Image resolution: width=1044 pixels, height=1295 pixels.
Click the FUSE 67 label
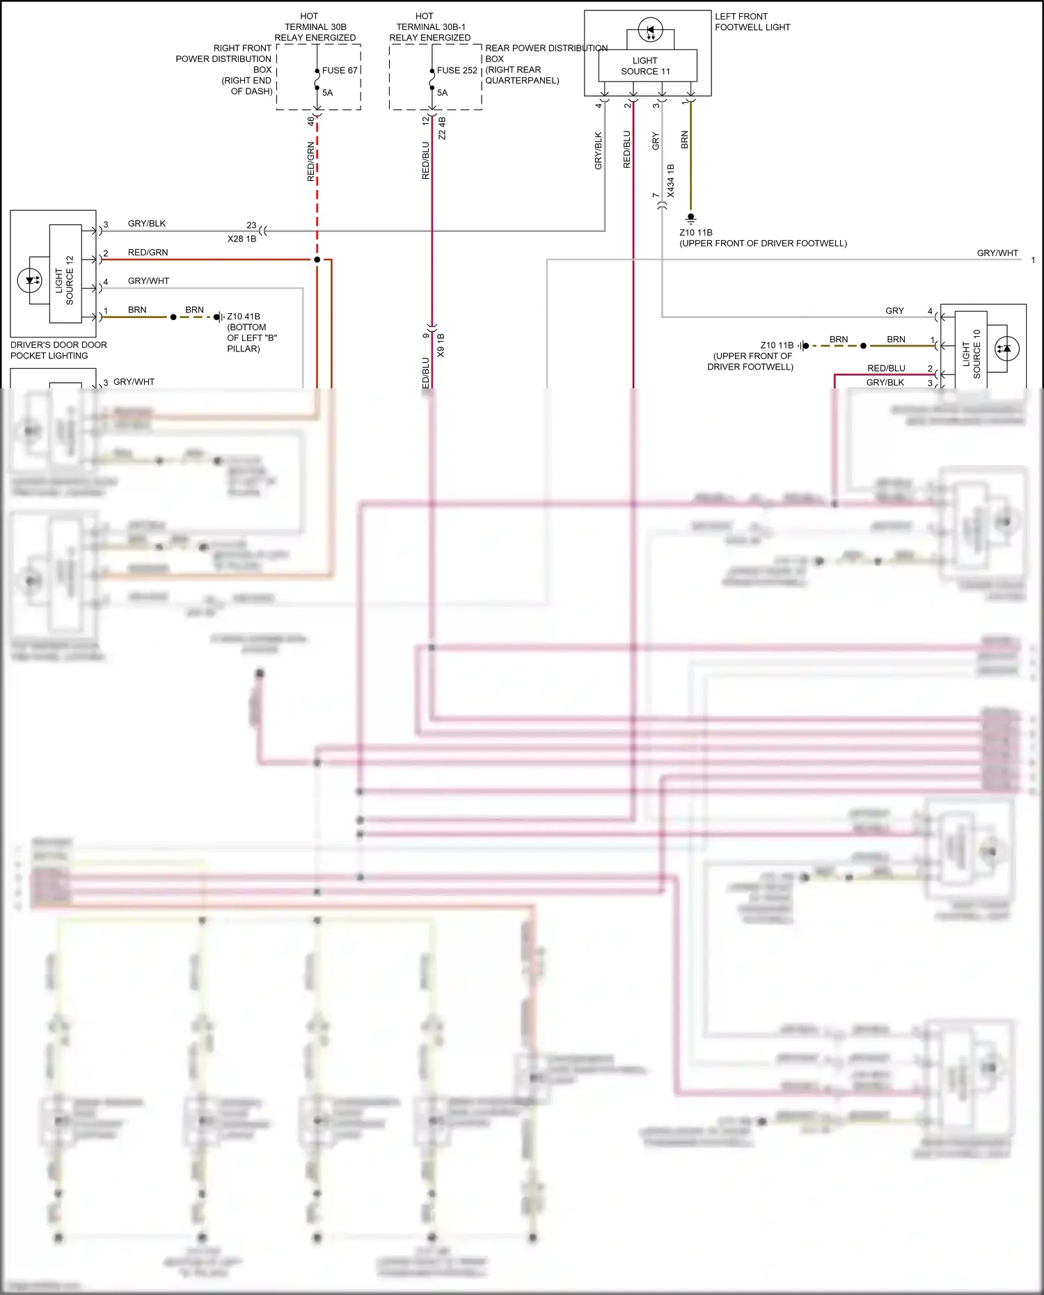340,70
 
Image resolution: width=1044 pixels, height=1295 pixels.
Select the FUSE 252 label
457,70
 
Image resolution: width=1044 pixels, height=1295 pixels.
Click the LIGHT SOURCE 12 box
65,274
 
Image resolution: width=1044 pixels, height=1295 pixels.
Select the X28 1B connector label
242,239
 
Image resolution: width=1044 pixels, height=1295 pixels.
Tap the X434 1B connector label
671,181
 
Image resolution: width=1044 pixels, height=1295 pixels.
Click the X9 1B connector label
441,345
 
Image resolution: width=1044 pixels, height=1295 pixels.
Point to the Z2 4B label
442,128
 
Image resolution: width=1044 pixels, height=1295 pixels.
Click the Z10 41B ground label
244,317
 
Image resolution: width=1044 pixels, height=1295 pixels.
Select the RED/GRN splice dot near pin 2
317,260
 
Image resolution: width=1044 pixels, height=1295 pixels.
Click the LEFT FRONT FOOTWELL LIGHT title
752,22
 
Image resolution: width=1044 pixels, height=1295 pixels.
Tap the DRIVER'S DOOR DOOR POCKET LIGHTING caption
58,350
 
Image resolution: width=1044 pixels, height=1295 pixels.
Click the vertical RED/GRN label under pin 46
311,161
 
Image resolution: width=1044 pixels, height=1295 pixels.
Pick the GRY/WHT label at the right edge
997,253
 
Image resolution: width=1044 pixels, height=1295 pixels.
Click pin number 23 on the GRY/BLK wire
251,225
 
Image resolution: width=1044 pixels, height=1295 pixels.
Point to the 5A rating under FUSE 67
327,93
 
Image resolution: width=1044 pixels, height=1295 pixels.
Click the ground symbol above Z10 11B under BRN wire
690,218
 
